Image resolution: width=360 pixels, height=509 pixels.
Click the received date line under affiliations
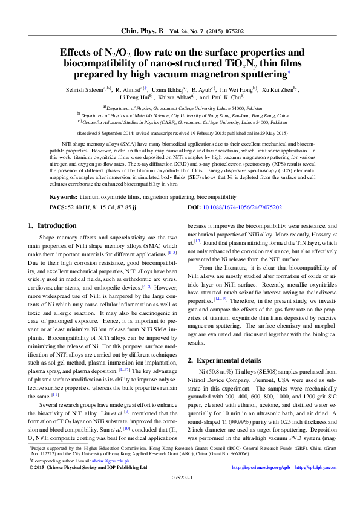pyautogui.click(x=180, y=132)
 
